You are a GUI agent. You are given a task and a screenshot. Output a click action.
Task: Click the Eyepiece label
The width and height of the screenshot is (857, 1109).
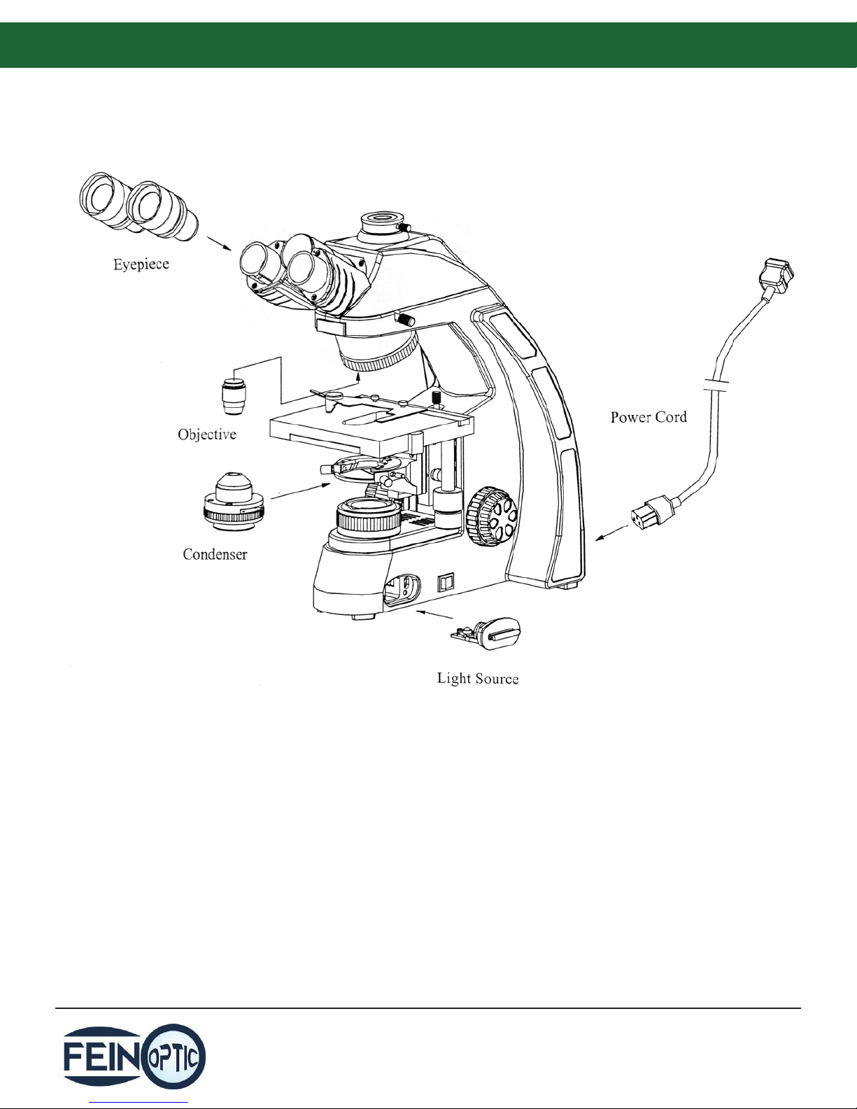141,265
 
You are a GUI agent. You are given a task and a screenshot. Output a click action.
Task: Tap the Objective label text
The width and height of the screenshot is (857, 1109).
207,435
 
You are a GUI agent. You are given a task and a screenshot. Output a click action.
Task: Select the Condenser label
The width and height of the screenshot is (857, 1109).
215,554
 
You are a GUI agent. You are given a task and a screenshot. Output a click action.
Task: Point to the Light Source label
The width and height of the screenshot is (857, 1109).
478,678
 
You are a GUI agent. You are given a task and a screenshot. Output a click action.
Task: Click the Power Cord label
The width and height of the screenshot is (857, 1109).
649,417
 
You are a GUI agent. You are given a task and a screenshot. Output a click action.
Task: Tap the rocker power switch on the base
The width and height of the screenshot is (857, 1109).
446,582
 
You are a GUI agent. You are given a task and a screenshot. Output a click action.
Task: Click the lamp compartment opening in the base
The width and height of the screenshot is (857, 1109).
400,588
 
